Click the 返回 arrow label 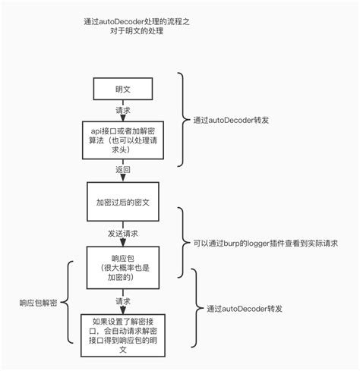(x=123, y=170)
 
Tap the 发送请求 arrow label (x=123, y=233)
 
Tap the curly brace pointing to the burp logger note (x=183, y=242)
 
